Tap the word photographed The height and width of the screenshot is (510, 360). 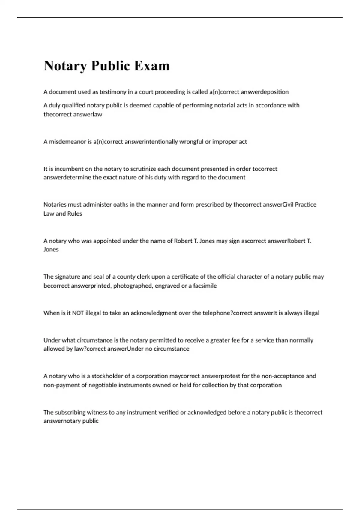(x=133, y=286)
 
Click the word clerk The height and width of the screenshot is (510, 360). (x=145, y=277)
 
